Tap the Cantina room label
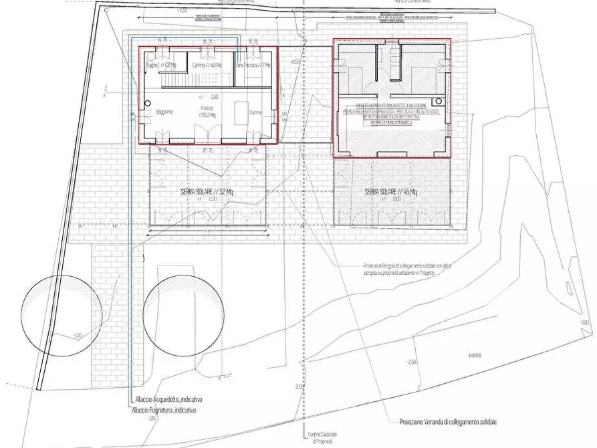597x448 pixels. click(203, 66)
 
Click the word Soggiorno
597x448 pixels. click(164, 112)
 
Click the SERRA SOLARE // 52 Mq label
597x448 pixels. click(207, 192)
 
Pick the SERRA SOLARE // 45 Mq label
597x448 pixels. click(391, 192)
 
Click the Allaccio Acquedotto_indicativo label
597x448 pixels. click(166, 399)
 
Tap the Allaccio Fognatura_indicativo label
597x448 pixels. click(164, 410)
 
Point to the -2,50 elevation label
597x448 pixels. click(412, 362)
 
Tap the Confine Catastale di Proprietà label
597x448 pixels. click(320, 437)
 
